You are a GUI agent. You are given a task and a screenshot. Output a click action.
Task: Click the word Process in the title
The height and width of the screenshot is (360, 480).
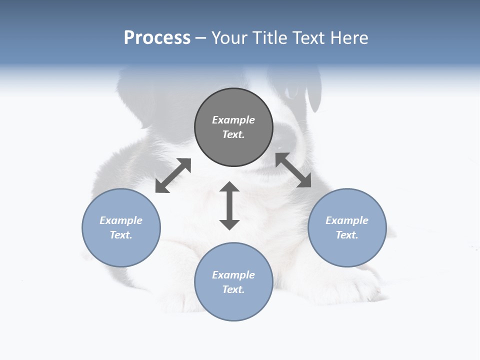[157, 38]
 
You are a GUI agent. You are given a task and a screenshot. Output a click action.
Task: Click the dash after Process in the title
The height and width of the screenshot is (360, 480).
[200, 38]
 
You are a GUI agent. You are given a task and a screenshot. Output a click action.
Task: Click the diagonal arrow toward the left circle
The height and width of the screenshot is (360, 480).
[173, 175]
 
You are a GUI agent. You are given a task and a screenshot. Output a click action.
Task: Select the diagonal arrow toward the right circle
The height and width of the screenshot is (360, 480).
[293, 170]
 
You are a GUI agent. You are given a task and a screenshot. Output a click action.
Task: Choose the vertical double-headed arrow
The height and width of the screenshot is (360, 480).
[229, 206]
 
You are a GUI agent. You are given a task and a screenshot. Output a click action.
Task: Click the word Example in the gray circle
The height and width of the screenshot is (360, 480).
[233, 120]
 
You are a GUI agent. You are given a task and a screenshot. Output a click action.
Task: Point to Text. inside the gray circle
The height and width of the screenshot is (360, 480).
[233, 134]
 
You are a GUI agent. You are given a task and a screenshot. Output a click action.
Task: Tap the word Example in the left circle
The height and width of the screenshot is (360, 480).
[121, 220]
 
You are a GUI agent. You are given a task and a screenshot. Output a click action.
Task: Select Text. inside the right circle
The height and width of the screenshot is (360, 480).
[347, 235]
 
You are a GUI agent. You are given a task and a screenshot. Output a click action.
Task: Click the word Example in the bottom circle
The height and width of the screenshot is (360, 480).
[233, 275]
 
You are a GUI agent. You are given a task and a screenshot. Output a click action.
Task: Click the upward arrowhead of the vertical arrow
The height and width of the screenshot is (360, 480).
[229, 187]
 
